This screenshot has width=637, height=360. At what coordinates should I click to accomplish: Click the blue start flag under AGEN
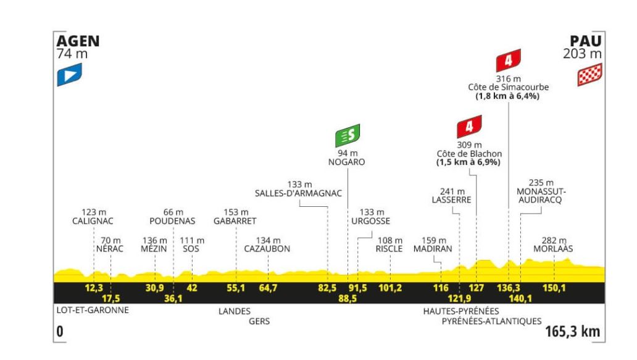tap(69, 76)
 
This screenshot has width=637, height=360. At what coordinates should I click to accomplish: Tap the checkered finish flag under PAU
tap(588, 76)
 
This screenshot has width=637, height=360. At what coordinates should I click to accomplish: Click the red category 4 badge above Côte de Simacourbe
tap(509, 61)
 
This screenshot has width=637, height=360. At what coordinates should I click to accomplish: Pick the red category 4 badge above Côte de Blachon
tap(470, 127)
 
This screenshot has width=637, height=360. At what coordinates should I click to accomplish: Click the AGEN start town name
tap(78, 41)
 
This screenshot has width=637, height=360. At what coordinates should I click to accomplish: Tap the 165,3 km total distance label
tap(573, 331)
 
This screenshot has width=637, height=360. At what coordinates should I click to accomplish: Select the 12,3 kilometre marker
tap(94, 288)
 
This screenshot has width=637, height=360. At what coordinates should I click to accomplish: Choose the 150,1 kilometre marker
tap(554, 288)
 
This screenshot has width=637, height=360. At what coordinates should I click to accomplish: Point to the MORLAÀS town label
tap(554, 249)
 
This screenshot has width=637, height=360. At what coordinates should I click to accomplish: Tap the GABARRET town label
tap(235, 220)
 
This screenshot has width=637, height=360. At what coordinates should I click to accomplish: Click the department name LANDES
tap(235, 311)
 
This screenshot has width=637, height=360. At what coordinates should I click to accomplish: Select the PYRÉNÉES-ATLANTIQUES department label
tap(491, 321)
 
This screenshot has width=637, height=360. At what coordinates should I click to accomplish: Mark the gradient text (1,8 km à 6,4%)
tap(509, 96)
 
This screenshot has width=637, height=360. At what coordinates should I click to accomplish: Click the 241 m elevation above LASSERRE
tap(452, 191)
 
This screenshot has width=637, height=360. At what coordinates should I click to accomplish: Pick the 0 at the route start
tap(59, 332)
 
